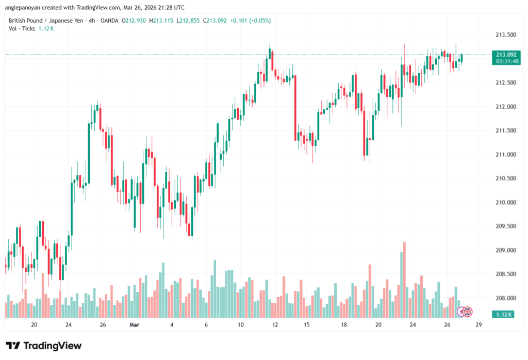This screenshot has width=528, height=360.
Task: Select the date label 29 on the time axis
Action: click(x=478, y=325)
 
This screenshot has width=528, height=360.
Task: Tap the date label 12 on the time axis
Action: click(x=275, y=325)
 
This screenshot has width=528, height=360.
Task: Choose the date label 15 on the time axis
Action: click(x=306, y=325)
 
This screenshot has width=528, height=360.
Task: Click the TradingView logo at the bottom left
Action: click(x=44, y=346)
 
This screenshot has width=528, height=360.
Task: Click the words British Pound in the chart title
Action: click(x=26, y=21)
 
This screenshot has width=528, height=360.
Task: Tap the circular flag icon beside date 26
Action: click(x=466, y=312)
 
